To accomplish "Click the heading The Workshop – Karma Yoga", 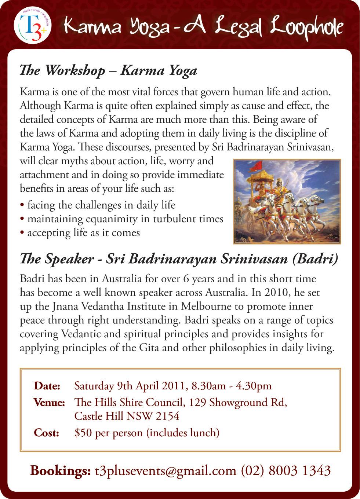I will (x=108, y=71).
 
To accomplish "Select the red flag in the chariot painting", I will (x=254, y=168).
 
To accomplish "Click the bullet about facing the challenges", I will (x=98, y=205).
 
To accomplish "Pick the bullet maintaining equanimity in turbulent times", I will (x=122, y=219).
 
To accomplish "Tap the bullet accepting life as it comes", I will (x=80, y=233).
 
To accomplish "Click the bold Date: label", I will (x=47, y=386).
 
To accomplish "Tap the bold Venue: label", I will (x=49, y=403).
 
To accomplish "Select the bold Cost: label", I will (x=46, y=433).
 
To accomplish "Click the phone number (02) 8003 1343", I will (x=286, y=470).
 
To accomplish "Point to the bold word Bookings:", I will (x=60, y=470).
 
